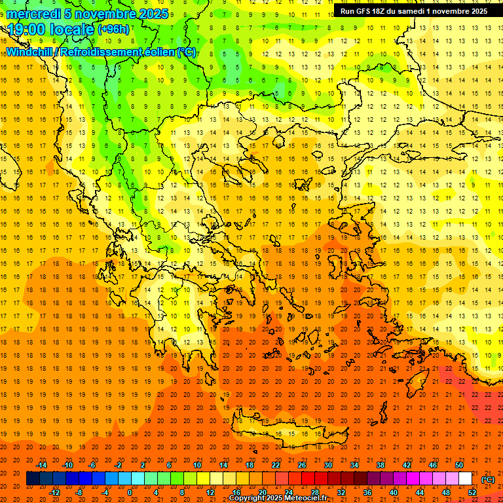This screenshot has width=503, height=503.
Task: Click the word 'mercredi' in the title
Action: click(33, 14)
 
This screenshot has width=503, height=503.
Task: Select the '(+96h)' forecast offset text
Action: click(113, 29)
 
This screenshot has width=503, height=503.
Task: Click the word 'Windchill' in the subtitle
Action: click(30, 52)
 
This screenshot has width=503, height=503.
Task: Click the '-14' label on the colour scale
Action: click(41, 465)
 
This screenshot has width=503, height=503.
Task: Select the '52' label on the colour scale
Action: click(472, 493)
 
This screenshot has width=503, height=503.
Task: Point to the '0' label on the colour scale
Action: click(129, 493)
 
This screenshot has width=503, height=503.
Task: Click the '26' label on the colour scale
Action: click(302, 465)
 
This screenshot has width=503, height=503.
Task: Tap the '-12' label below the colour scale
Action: click(54, 493)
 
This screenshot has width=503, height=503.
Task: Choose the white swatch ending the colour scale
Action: click(466, 479)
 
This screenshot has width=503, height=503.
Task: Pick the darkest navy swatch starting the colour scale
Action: click(33, 479)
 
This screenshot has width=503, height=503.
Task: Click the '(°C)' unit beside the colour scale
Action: click(488, 479)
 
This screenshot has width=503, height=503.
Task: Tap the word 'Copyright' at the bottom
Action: click(250, 498)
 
